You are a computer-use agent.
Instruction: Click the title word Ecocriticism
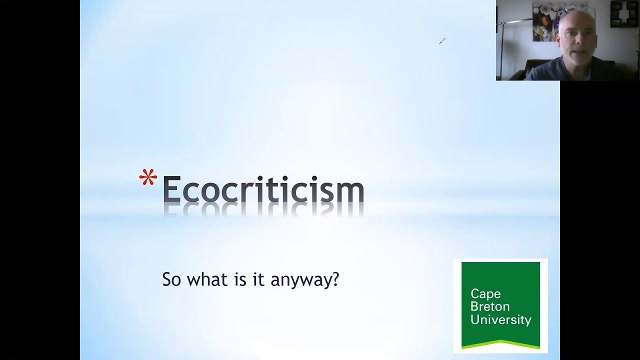point(263,190)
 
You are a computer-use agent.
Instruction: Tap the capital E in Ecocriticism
point(171,189)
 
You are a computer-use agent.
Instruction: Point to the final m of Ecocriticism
point(349,192)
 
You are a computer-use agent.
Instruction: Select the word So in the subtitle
point(171,279)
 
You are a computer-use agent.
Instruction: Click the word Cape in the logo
point(485,294)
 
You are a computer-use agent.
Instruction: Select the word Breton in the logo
point(490,306)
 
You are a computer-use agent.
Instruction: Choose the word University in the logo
point(500,319)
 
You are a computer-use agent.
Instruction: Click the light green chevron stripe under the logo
point(500,343)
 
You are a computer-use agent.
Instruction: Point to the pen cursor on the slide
point(442,41)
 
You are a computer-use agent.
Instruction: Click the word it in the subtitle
point(257,279)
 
